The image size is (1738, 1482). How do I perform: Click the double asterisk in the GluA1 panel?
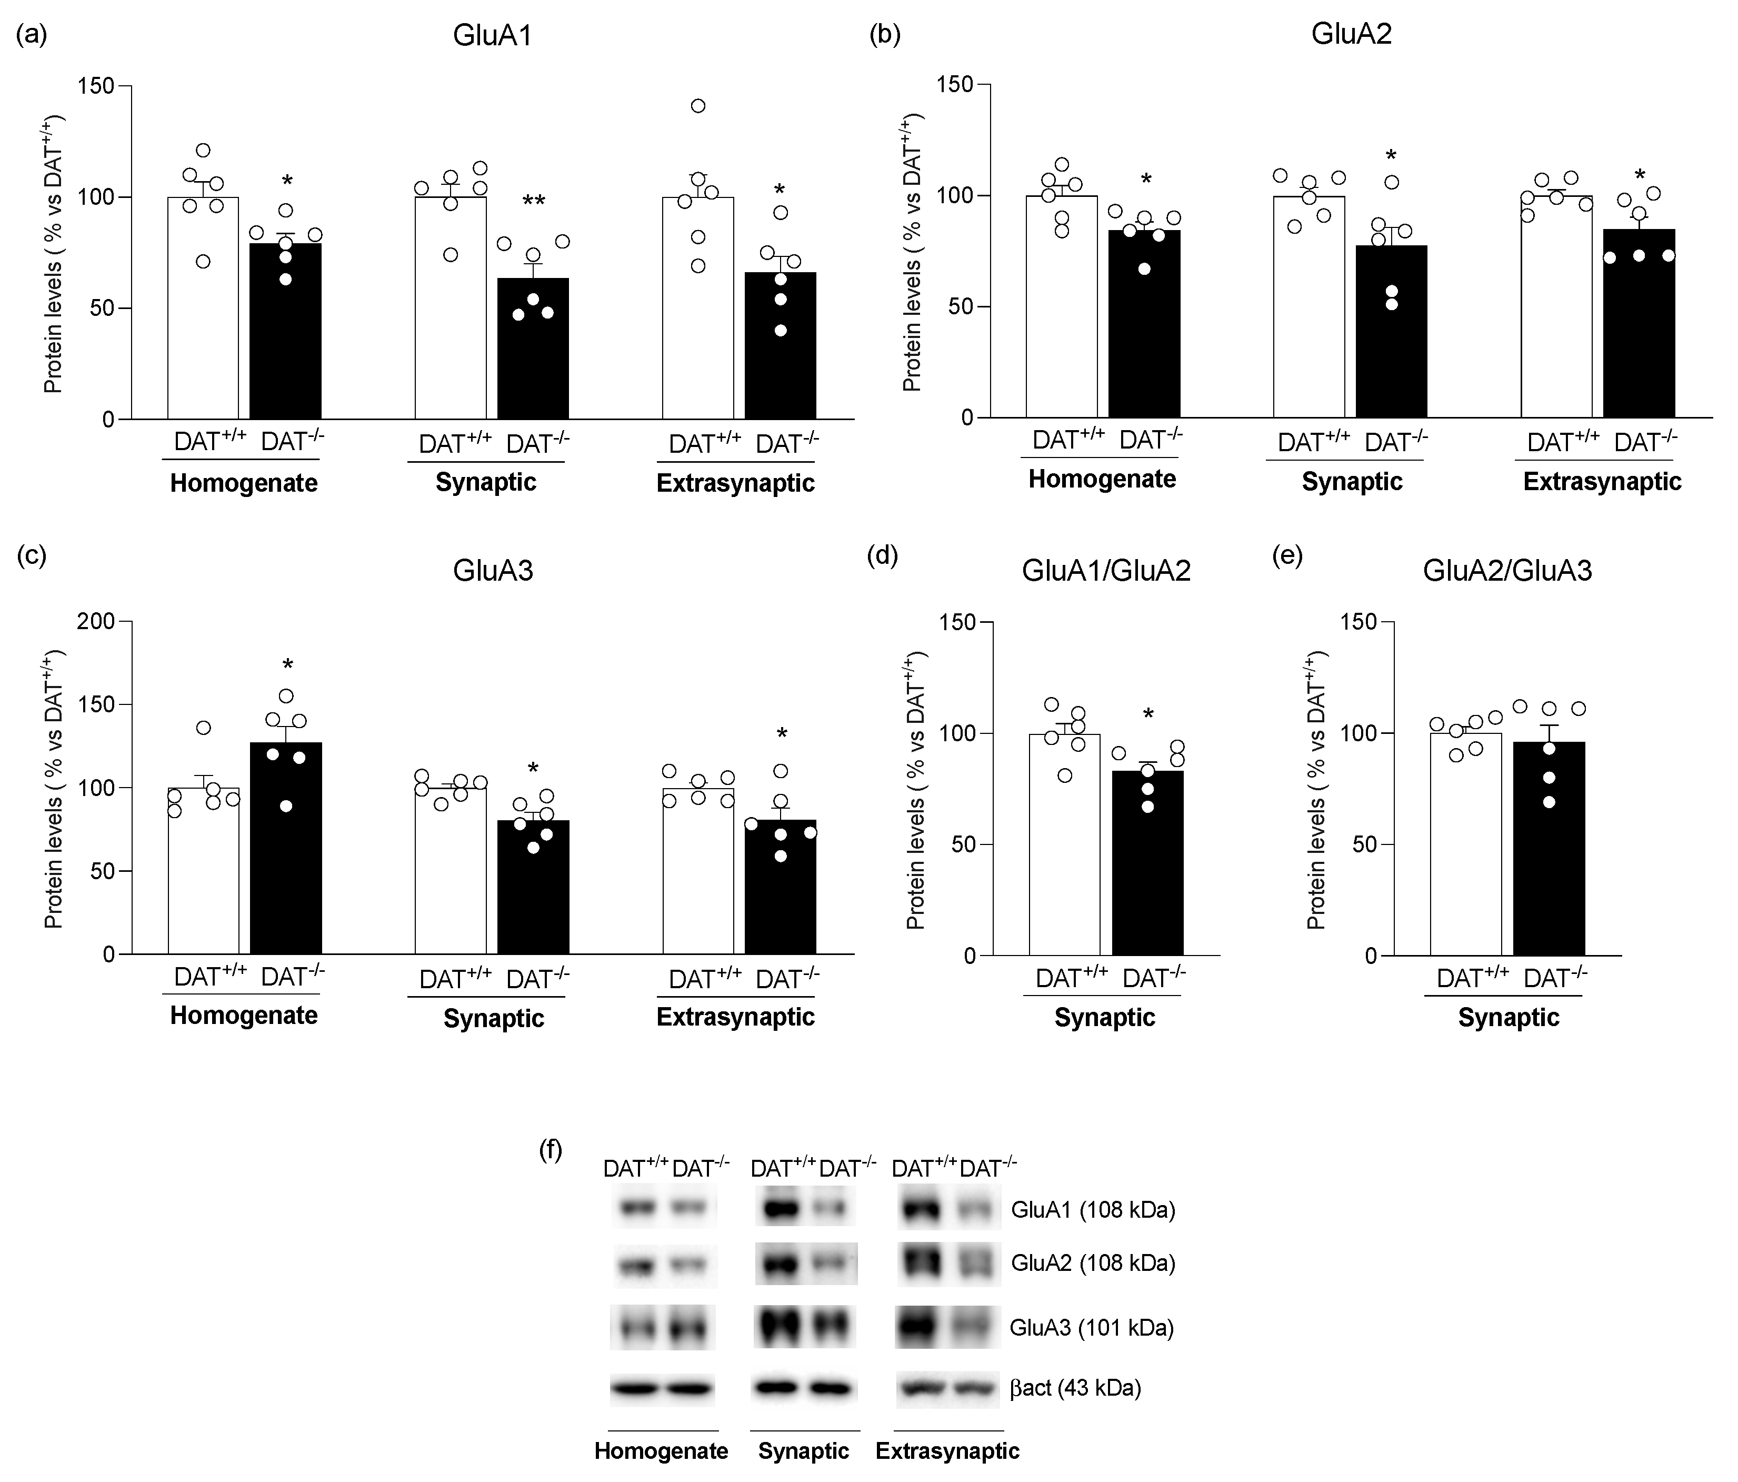534,202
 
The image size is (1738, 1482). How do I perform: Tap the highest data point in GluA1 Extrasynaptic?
698,106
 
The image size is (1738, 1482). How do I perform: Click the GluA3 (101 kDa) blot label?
1091,1328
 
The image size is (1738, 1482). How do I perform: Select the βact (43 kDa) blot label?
1075,1388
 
